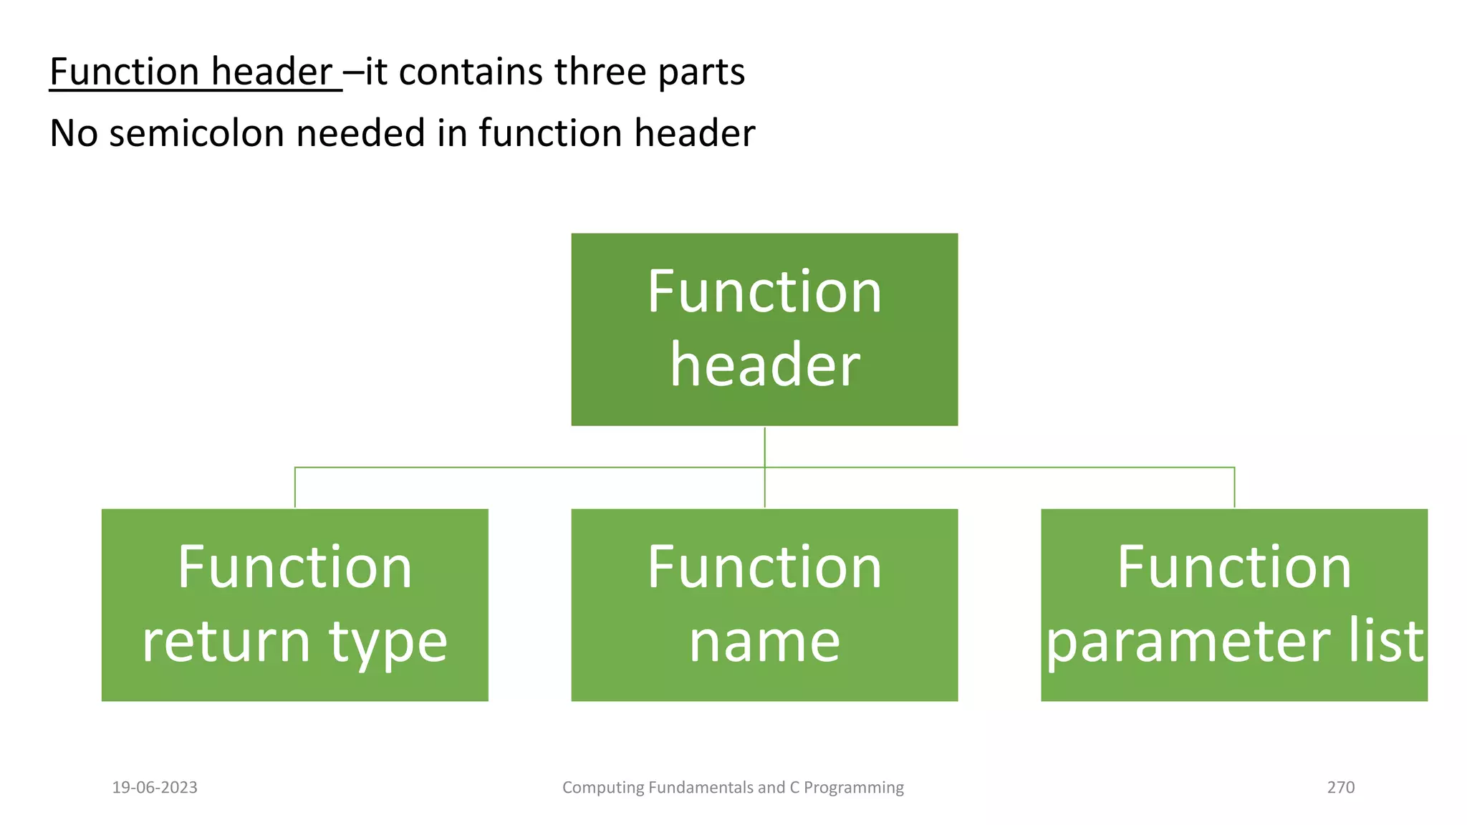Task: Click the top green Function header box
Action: [764, 329]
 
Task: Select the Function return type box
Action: [294, 605]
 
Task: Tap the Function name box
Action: [764, 605]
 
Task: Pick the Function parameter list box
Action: [1233, 605]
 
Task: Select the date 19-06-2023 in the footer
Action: [155, 787]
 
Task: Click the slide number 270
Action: [1340, 787]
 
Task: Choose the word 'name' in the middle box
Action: [764, 641]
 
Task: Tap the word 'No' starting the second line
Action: [73, 133]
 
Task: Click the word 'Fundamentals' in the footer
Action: [699, 787]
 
